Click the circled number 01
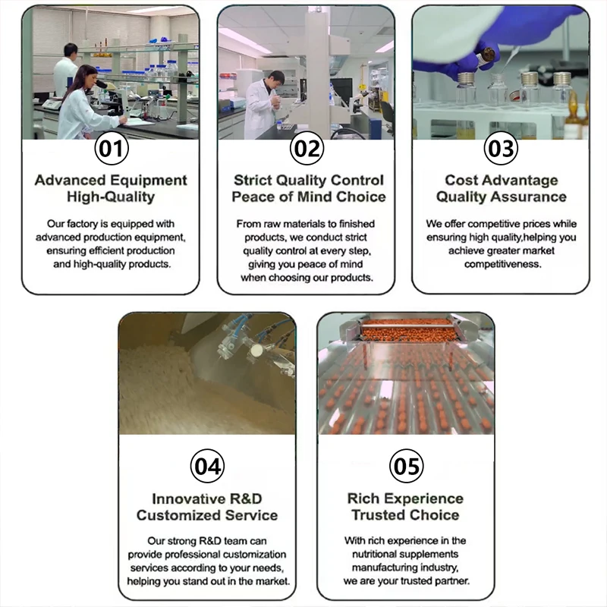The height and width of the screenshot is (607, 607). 112,149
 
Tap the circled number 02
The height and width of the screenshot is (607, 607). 307,149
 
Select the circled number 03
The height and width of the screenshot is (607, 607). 501,149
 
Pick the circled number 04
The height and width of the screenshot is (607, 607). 207,466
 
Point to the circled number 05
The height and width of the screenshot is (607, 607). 406,466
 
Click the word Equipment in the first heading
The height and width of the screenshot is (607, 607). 148,181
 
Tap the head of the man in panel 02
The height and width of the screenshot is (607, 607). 276,79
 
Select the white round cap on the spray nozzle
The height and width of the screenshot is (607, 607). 256,351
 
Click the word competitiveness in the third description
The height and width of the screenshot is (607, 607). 503,264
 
